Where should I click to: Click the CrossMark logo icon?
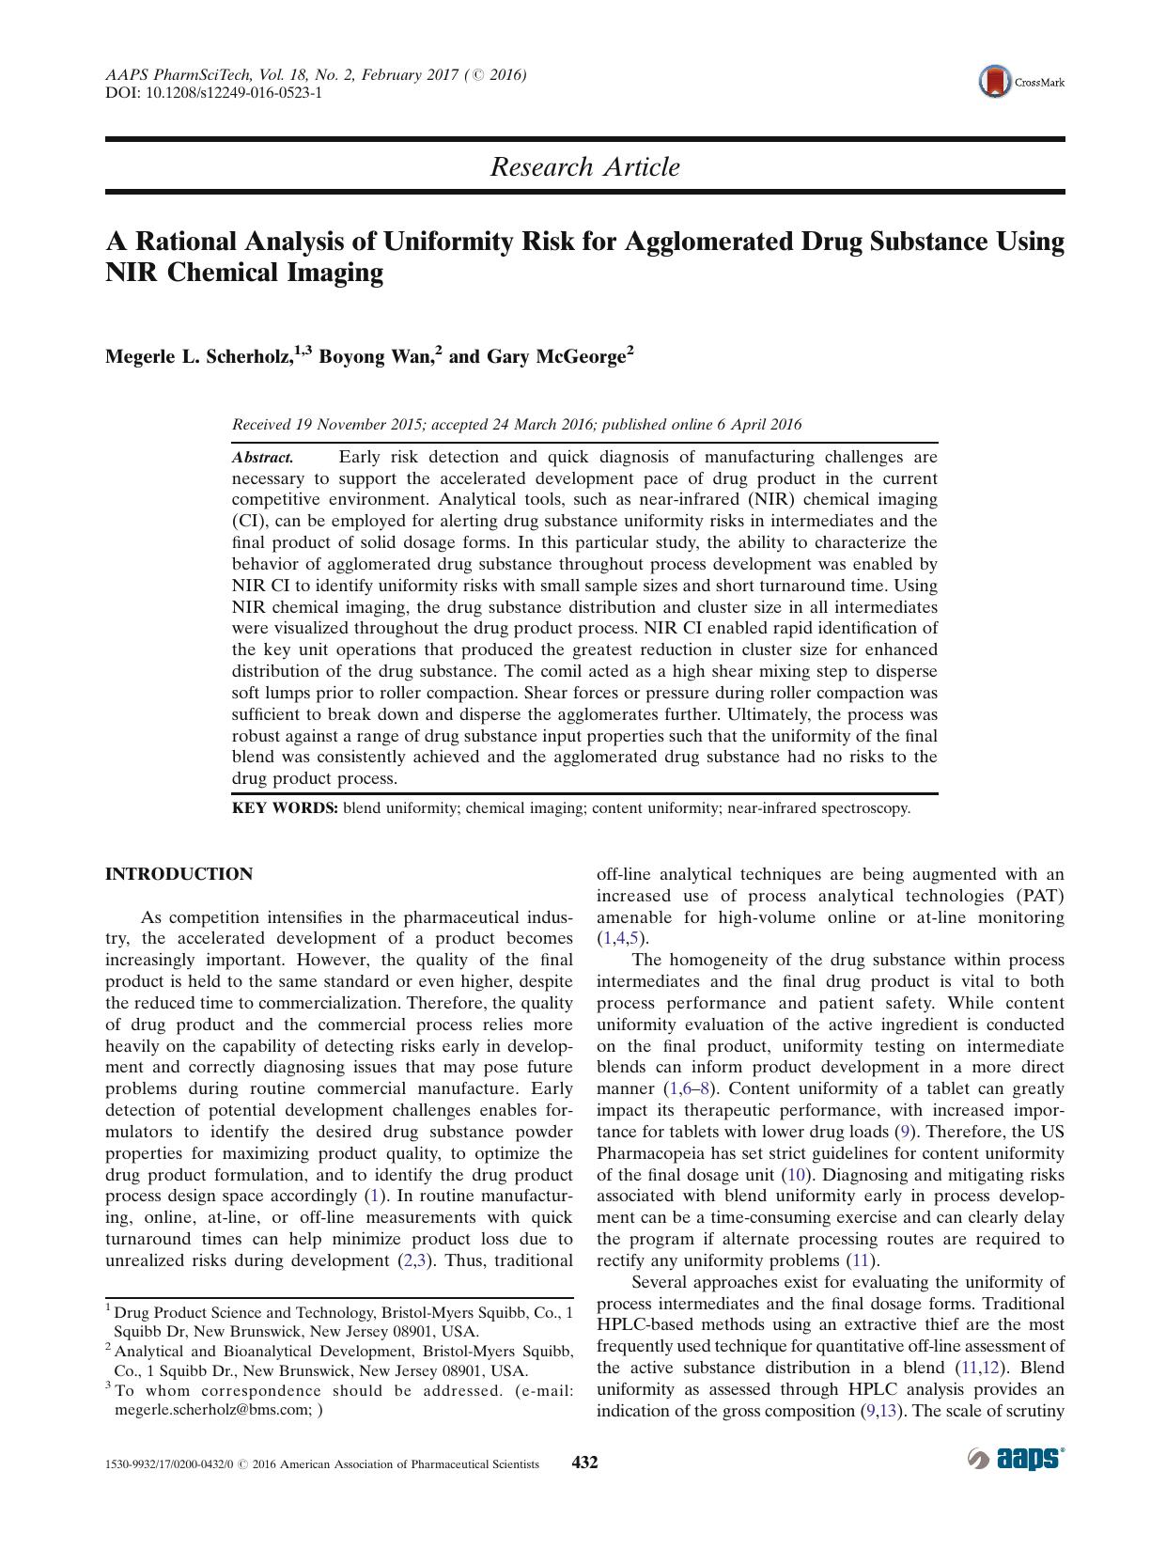tap(993, 82)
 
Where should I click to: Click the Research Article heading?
tap(584, 167)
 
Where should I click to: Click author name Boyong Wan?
tap(373, 357)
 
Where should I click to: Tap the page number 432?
tap(584, 1463)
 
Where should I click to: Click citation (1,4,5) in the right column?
tap(622, 939)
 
